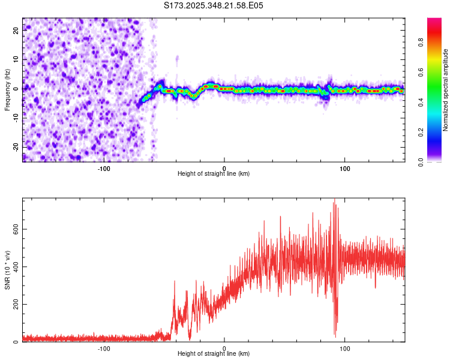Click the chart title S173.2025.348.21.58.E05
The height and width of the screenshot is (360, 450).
click(x=214, y=5)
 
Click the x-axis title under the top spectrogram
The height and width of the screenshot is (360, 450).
click(x=214, y=174)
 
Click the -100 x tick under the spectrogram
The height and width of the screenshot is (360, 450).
click(x=104, y=168)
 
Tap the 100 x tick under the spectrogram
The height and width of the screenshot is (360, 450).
click(x=345, y=168)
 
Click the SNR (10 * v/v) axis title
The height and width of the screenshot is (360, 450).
click(x=7, y=270)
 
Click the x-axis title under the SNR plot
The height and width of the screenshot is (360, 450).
click(x=214, y=354)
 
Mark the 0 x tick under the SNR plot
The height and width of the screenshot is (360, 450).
click(x=224, y=348)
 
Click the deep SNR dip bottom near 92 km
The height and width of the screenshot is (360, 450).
click(x=335, y=336)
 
